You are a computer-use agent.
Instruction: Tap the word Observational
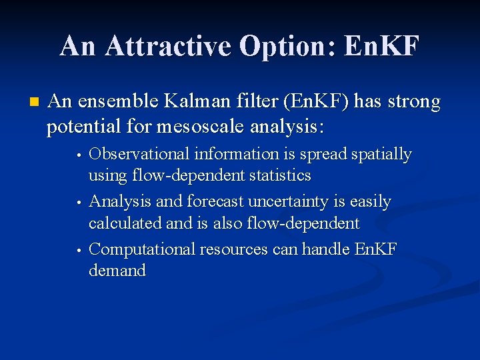[139, 155]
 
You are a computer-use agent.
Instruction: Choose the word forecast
[217, 201]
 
